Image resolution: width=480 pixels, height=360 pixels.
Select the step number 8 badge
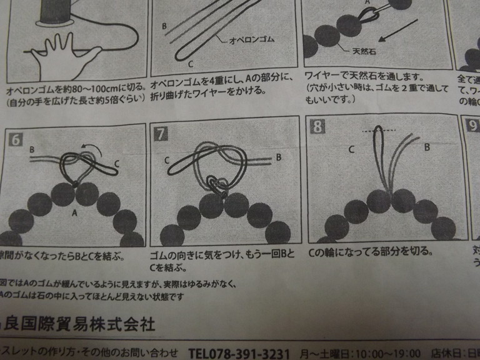(x=318, y=127)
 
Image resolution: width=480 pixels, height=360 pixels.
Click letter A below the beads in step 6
(x=76, y=212)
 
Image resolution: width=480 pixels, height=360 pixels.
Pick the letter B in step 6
(x=32, y=150)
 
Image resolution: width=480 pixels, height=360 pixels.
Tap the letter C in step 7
(x=167, y=161)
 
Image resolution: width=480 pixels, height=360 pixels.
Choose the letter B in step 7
(x=279, y=157)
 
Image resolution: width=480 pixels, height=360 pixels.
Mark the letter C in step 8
(x=352, y=149)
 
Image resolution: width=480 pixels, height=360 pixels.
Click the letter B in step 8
(x=427, y=147)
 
